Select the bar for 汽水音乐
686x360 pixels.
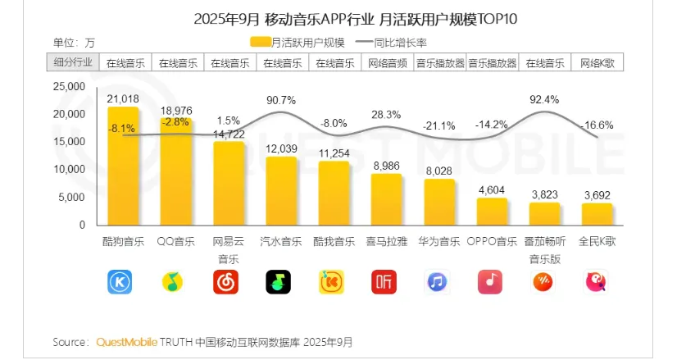(x=280, y=190)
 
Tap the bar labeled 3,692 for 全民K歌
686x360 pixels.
(x=597, y=214)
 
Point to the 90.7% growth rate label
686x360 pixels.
(x=281, y=100)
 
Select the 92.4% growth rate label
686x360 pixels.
(x=544, y=99)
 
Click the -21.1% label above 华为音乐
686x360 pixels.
(x=439, y=125)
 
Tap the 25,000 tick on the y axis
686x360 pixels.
(x=69, y=85)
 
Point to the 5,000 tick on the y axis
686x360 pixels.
(x=72, y=197)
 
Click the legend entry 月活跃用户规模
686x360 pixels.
(x=298, y=42)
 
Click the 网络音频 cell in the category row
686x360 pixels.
(x=387, y=62)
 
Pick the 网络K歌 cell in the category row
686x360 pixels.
(x=597, y=62)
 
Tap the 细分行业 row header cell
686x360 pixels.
(x=73, y=62)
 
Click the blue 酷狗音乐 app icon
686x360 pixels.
(x=120, y=282)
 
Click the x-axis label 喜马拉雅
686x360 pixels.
(x=387, y=242)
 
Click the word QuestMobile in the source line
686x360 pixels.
(x=126, y=341)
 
